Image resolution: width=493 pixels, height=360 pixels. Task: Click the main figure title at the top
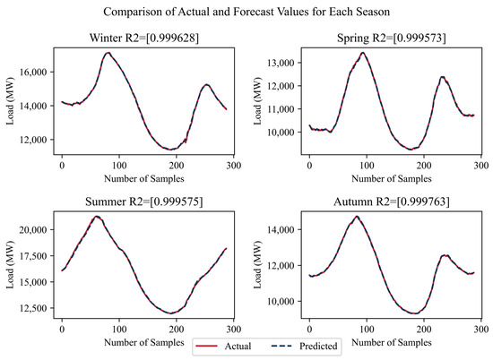tap(246, 13)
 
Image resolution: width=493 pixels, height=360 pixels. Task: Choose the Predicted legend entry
tap(314, 344)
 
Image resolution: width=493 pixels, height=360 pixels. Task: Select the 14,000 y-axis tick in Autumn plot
tap(281, 229)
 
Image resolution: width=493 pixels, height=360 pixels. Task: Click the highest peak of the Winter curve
tap(108, 53)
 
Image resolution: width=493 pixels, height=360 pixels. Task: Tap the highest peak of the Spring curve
tap(362, 53)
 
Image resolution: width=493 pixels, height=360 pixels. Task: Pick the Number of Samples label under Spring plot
tap(394, 179)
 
